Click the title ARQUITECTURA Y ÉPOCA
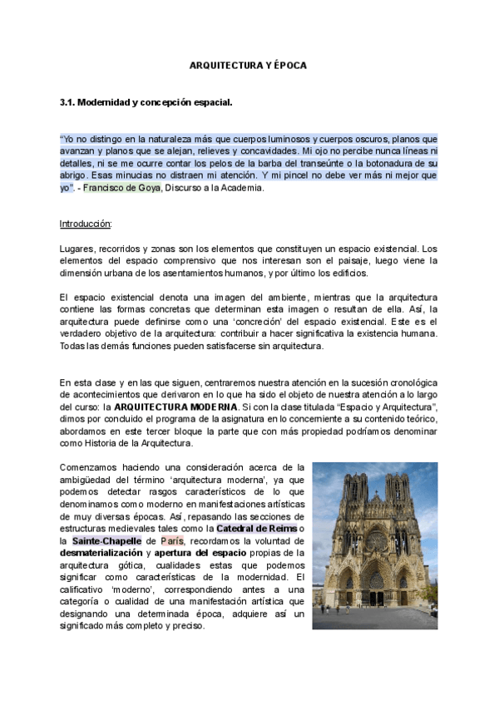click(x=249, y=65)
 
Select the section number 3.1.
click(x=67, y=102)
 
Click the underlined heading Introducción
click(x=86, y=224)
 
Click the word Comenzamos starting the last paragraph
click(x=89, y=468)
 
